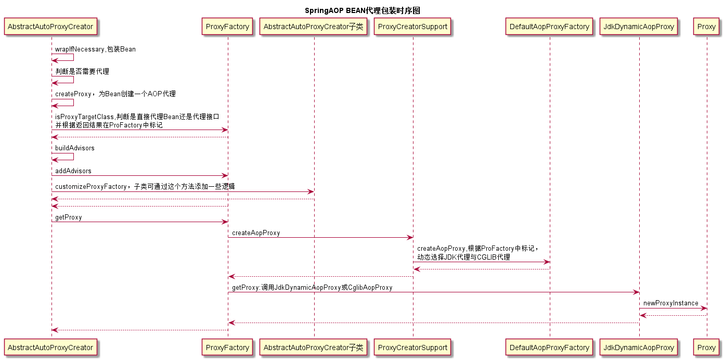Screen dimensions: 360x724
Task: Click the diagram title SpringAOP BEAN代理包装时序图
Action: click(x=362, y=10)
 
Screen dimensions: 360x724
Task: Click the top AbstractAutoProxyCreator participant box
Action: click(x=51, y=27)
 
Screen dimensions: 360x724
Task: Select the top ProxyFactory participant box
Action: click(x=228, y=27)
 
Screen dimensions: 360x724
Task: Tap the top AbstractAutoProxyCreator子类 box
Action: click(x=314, y=27)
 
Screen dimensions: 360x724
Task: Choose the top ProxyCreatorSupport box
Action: click(x=413, y=27)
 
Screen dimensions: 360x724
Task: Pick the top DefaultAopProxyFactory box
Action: click(x=550, y=27)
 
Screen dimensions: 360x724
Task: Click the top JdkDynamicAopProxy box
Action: click(x=639, y=27)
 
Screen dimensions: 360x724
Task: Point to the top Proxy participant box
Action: click(x=706, y=27)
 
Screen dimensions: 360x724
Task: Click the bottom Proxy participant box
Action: click(x=706, y=347)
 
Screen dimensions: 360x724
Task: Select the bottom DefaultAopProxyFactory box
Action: click(x=550, y=347)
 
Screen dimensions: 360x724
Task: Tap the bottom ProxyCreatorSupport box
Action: click(x=413, y=347)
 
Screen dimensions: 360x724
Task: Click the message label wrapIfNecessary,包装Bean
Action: click(x=95, y=49)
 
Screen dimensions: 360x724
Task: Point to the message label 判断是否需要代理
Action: click(x=82, y=71)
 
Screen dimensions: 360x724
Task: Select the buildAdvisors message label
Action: click(x=75, y=148)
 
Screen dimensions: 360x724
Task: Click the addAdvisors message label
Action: click(x=73, y=171)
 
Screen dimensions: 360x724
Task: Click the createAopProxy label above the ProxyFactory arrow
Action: click(x=256, y=233)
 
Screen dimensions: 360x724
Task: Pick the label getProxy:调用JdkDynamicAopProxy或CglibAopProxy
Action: click(x=312, y=287)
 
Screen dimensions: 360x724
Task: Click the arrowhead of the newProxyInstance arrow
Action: click(x=704, y=308)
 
